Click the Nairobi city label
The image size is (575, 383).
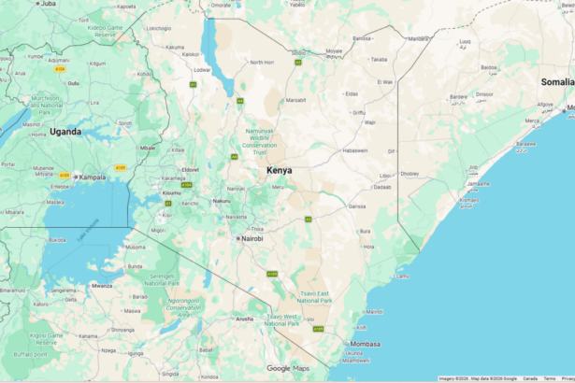click(252, 238)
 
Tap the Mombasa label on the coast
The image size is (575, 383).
click(366, 344)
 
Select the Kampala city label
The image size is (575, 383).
click(92, 177)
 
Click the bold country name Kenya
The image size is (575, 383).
click(279, 170)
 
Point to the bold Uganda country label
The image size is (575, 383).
click(65, 132)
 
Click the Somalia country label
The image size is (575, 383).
click(556, 82)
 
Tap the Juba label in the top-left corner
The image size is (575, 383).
click(48, 4)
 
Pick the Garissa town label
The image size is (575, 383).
click(356, 206)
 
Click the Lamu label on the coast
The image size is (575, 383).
click(403, 277)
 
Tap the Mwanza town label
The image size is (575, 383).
click(102, 285)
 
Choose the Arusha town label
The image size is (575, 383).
click(245, 319)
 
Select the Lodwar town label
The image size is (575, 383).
click(202, 70)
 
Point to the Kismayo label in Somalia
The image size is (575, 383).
click(468, 200)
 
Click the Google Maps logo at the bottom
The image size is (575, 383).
click(287, 369)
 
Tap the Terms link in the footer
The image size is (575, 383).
click(550, 378)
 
